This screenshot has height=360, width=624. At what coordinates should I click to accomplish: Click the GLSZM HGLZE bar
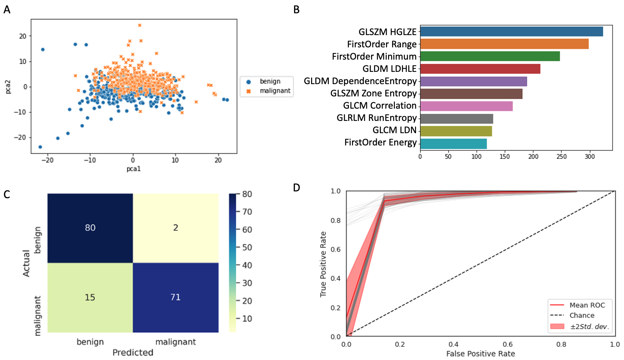coord(511,32)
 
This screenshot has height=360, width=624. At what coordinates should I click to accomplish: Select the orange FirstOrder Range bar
coord(504,44)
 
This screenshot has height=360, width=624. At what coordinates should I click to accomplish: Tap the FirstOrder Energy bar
coord(453,144)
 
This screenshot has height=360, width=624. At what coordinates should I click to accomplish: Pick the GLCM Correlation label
coord(380,106)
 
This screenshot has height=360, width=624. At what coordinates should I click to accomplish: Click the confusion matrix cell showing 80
coord(90,228)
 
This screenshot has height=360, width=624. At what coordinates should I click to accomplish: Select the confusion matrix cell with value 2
coord(176,228)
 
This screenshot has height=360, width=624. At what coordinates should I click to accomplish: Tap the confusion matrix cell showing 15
coord(90,297)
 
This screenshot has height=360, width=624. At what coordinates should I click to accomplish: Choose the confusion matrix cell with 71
coord(176,297)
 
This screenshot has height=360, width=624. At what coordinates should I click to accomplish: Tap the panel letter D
coord(297,187)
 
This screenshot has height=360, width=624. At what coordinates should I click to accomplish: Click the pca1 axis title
coord(133,169)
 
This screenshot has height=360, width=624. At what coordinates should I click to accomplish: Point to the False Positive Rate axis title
coord(480,354)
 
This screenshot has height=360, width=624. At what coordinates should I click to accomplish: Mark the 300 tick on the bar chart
coord(590,156)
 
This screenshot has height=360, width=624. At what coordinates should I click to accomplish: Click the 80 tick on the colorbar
coord(247,194)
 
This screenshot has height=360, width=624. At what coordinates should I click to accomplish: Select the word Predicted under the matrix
coord(133,352)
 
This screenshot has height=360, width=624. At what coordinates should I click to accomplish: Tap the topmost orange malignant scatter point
coord(140,25)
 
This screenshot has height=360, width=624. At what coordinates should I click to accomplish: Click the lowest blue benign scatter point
coord(40,147)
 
